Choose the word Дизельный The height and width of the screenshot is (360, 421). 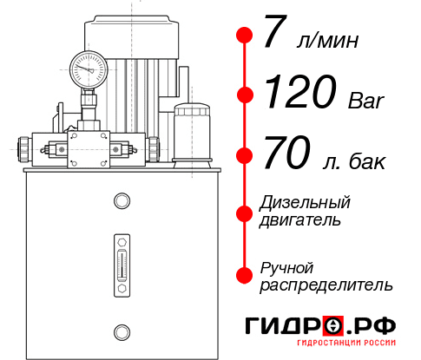(305, 202)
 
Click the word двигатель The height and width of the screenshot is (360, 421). (300, 219)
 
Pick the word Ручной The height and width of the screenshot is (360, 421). (286, 267)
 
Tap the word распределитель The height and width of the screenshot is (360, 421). (326, 285)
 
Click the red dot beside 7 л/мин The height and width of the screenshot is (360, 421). (245, 36)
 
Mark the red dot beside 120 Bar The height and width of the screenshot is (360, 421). (245, 95)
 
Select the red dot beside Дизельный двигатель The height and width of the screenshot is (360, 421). (245, 212)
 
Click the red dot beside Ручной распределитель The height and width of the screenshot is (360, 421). (245, 275)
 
